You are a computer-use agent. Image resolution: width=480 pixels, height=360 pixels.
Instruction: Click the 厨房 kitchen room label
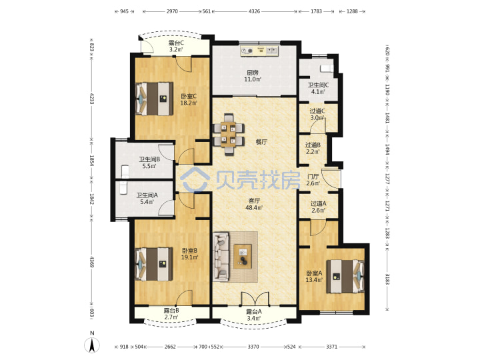tap(253, 73)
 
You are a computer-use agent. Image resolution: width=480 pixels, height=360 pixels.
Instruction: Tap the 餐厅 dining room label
tap(261, 142)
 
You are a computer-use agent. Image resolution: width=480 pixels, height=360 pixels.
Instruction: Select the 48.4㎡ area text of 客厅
tap(254, 208)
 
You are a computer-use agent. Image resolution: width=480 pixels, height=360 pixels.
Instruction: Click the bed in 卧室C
tap(154, 99)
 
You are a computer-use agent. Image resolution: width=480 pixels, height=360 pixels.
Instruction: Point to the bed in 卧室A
tap(345, 277)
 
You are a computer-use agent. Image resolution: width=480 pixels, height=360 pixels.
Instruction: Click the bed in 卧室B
tap(154, 264)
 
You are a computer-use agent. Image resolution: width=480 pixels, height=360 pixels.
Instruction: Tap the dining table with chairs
tap(229, 134)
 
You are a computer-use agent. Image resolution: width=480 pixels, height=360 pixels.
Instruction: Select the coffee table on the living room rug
tap(243, 256)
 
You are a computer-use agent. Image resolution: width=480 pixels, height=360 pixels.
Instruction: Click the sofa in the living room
tap(221, 257)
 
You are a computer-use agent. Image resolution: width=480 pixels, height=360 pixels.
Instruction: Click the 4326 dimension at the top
tap(254, 11)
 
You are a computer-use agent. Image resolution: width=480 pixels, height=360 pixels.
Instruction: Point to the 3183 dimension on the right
tap(387, 279)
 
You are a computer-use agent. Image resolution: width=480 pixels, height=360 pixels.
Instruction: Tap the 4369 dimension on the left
tap(91, 261)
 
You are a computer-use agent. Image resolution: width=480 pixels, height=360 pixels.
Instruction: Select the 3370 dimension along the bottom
tap(253, 347)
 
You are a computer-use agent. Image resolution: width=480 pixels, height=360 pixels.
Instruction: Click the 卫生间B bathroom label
tap(149, 159)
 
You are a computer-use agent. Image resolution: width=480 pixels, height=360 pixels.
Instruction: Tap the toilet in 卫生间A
tap(123, 188)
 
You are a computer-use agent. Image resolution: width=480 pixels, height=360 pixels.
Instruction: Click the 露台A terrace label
tap(254, 312)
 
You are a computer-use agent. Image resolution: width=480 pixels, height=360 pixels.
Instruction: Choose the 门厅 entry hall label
tap(313, 177)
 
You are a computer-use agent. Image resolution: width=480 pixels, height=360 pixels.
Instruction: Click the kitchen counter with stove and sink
tap(259, 51)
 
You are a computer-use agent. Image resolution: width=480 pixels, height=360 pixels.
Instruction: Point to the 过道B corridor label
tap(313, 145)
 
